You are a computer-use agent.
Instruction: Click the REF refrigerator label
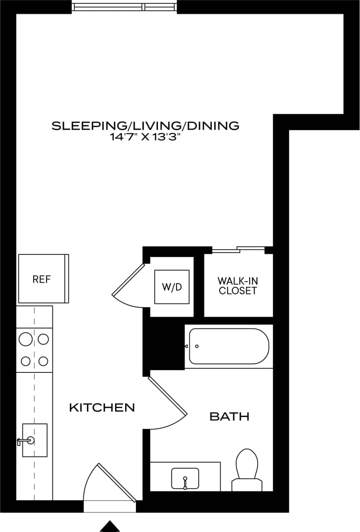click(42, 279)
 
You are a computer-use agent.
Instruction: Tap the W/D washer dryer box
click(172, 287)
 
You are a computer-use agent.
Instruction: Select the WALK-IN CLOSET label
click(238, 286)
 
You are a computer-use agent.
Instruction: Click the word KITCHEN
click(102, 408)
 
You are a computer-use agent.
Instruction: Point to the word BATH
click(229, 416)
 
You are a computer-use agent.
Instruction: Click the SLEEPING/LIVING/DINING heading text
click(145, 126)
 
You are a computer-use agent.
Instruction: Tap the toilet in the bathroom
click(248, 470)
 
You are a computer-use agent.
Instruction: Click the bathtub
click(229, 346)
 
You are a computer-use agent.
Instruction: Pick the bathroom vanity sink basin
click(185, 478)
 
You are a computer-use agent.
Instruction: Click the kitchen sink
click(34, 440)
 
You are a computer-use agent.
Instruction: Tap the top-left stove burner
click(26, 340)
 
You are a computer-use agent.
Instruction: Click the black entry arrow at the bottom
click(110, 526)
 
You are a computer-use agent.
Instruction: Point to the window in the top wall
click(124, 7)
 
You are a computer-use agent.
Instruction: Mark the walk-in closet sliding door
click(239, 250)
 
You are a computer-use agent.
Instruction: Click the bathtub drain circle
click(197, 346)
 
